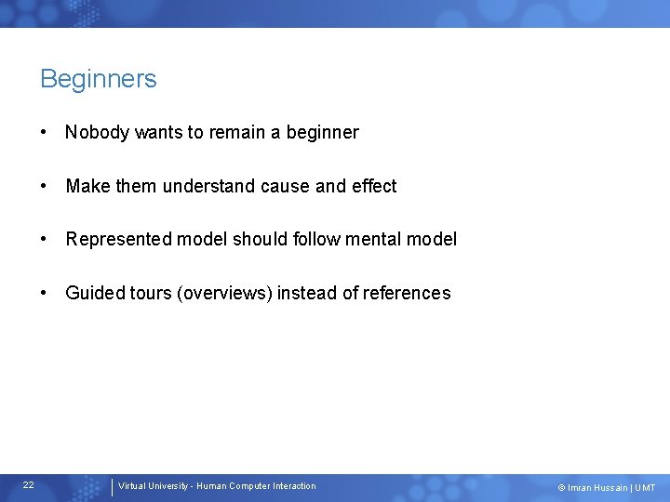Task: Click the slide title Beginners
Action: click(x=99, y=79)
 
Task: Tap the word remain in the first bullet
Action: click(x=236, y=132)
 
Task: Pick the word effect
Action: click(x=374, y=186)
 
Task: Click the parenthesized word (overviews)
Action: click(x=224, y=293)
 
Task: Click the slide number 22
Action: click(x=29, y=485)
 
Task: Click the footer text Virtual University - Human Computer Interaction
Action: click(x=217, y=486)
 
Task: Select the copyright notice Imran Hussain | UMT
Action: click(x=607, y=488)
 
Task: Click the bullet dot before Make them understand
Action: click(x=45, y=186)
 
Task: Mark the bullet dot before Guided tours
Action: click(x=45, y=293)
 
